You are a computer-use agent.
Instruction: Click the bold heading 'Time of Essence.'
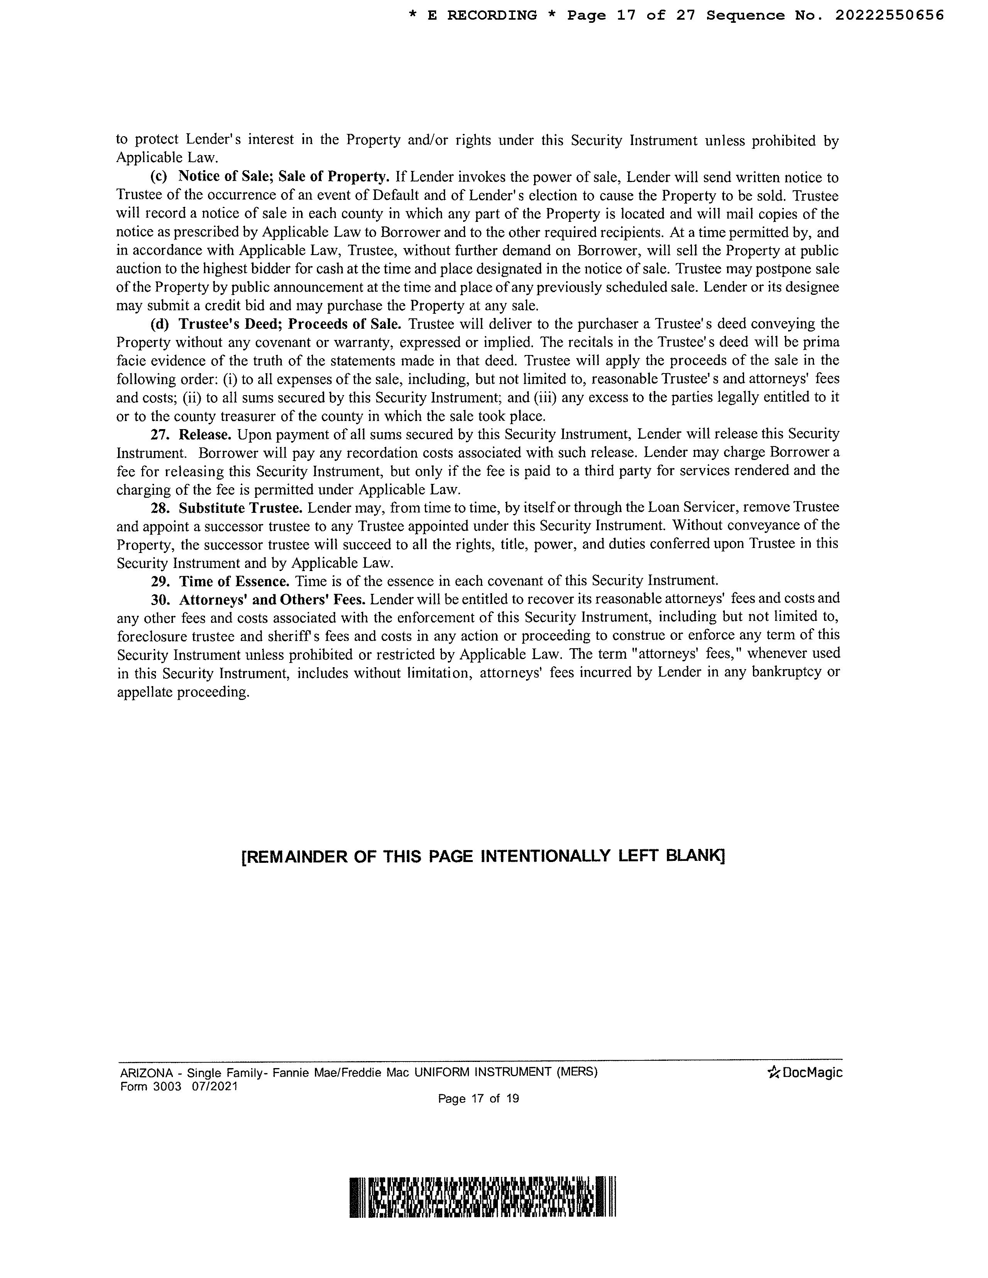tap(234, 581)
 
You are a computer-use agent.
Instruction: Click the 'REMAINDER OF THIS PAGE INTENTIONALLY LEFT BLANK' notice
tap(483, 857)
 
